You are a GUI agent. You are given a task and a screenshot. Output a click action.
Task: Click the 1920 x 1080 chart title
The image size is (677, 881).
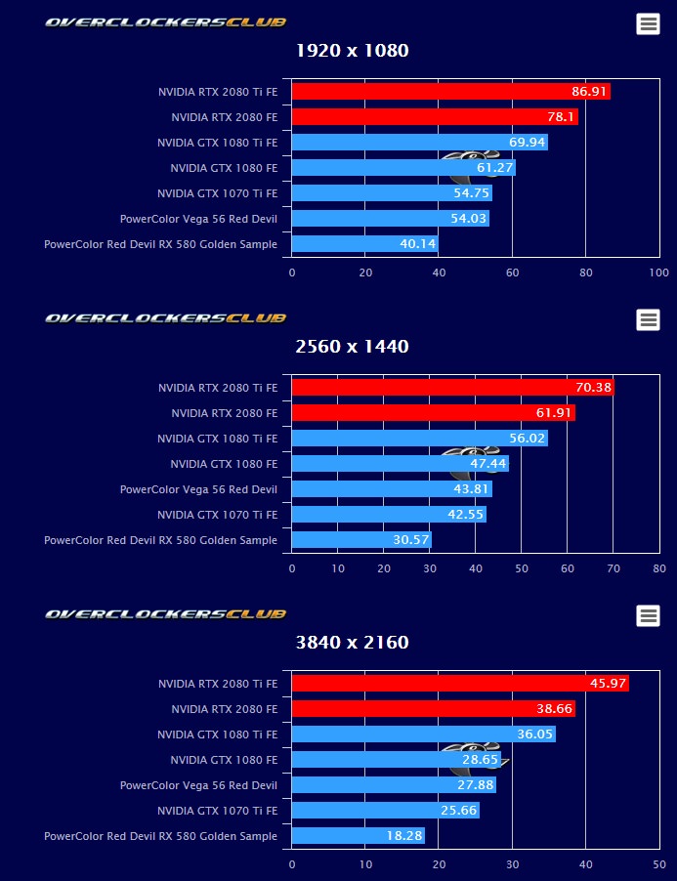coord(352,51)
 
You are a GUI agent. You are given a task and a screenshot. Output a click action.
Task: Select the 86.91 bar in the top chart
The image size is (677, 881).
coord(450,92)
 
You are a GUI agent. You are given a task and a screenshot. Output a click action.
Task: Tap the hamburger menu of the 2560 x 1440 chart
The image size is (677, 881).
coord(648,319)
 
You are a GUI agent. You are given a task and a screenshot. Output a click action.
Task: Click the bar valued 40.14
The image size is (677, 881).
coord(364,244)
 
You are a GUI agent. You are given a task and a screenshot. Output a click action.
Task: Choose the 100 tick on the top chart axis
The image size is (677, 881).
coord(659,273)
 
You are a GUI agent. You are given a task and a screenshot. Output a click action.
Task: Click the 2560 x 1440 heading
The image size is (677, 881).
coord(352,347)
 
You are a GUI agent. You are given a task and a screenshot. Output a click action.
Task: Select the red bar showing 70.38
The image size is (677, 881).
coord(452,388)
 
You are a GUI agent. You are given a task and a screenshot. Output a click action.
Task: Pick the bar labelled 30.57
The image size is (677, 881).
coord(361,539)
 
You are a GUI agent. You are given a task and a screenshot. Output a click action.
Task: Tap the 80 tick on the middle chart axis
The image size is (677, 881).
coord(659,567)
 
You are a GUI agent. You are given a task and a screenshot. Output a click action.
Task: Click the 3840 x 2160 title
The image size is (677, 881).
coord(352,643)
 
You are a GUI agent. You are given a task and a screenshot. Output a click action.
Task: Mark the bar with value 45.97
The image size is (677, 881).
coord(460,684)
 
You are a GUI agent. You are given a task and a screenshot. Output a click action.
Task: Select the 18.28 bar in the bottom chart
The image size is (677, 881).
coord(359,836)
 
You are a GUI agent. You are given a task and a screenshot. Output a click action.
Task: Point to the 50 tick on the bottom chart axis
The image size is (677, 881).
coord(659,863)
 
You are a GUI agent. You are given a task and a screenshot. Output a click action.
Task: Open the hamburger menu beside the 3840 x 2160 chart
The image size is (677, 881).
coord(648,615)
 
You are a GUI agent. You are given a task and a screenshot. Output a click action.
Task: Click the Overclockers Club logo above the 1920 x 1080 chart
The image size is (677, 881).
coord(165,21)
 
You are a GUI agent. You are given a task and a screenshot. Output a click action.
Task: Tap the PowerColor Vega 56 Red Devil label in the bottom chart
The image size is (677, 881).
coord(198,785)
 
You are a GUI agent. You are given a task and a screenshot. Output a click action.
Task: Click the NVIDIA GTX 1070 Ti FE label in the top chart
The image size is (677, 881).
coord(217,193)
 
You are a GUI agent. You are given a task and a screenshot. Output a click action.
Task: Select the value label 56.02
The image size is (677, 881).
coord(528,439)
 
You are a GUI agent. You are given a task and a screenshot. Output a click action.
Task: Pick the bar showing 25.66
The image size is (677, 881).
coord(385,811)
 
